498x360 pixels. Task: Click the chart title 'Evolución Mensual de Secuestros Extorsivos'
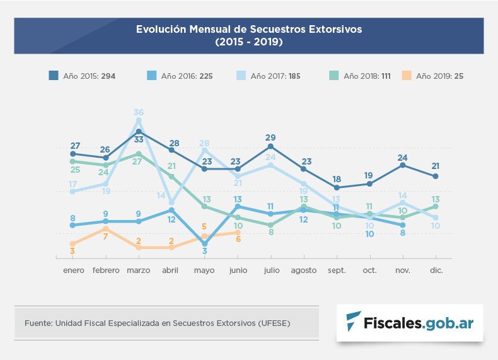pos(249,30)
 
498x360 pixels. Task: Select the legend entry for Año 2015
pos(88,76)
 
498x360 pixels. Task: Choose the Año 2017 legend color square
pos(241,76)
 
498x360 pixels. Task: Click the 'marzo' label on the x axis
pos(139,270)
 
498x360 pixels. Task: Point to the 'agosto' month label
pos(303,270)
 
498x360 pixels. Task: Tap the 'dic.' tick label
pos(436,270)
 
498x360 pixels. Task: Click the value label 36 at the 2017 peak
pos(139,112)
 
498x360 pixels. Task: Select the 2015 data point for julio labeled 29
pos(270,146)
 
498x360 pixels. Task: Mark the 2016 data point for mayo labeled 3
pos(205,243)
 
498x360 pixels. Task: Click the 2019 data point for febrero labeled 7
pos(106,229)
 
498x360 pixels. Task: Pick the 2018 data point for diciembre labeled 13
pos(436,206)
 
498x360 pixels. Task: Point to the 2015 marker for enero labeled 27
pos(73,154)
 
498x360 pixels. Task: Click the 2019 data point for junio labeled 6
pos(238,232)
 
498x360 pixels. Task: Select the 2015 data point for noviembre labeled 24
pos(403,165)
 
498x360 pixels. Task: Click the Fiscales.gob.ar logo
pos(410,323)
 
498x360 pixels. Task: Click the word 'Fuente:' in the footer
pos(38,323)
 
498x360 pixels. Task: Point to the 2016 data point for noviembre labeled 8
pos(403,225)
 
